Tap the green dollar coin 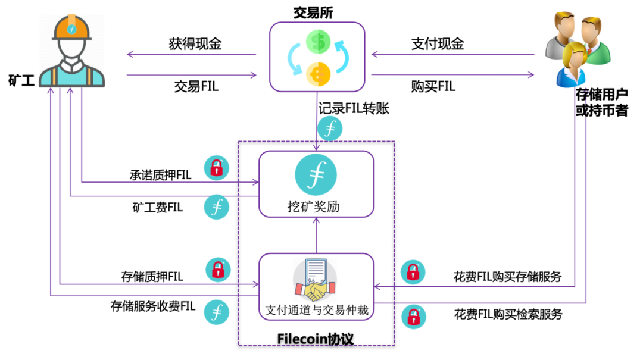pyautogui.click(x=319, y=41)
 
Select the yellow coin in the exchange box pyautogui.click(x=319, y=73)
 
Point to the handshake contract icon pyautogui.click(x=314, y=280)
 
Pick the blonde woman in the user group pyautogui.click(x=572, y=65)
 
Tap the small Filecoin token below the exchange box pyautogui.click(x=330, y=128)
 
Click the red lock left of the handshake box pyautogui.click(x=218, y=270)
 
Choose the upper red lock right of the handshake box pyautogui.click(x=413, y=272)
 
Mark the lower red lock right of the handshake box pyautogui.click(x=413, y=317)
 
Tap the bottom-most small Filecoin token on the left pyautogui.click(x=216, y=312)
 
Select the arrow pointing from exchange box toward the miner pyautogui.click(x=191, y=55)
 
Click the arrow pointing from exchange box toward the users pyautogui.click(x=452, y=74)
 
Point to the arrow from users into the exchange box pyautogui.click(x=452, y=55)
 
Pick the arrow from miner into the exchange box pyautogui.click(x=191, y=75)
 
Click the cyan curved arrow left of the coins pyautogui.click(x=294, y=59)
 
